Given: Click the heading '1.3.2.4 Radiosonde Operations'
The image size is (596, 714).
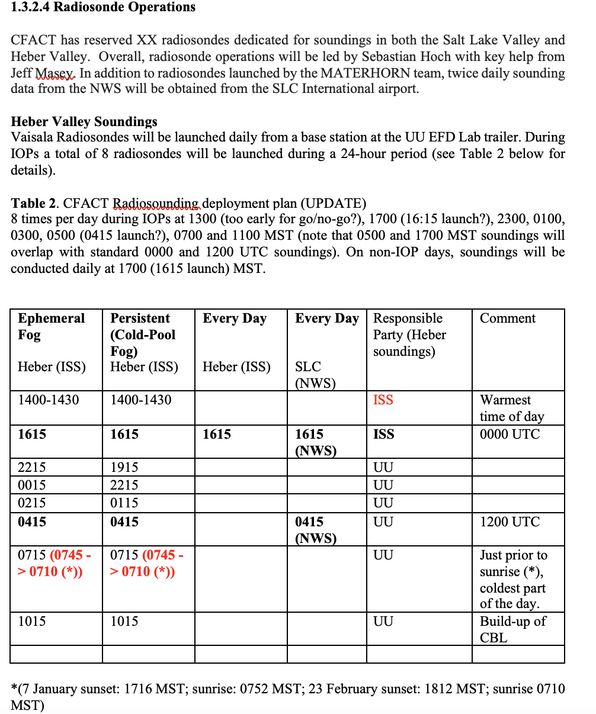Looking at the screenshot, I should [x=103, y=8].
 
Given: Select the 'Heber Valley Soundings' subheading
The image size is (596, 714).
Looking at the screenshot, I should [x=84, y=122].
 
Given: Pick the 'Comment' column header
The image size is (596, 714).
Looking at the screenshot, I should [x=507, y=319].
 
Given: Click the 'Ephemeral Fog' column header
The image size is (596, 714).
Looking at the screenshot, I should [x=52, y=326].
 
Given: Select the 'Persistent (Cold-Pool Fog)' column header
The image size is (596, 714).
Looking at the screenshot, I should [x=143, y=335].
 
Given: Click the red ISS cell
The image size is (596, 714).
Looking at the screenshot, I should [x=383, y=400].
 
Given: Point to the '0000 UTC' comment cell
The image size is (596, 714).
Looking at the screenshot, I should [x=510, y=434].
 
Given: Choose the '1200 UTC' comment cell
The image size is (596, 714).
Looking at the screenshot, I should [x=510, y=522].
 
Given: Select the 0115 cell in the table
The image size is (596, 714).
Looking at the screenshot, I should [x=124, y=503].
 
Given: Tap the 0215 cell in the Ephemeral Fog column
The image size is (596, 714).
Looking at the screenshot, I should [x=31, y=503].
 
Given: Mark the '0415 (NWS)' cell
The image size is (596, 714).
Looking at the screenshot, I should [x=315, y=530].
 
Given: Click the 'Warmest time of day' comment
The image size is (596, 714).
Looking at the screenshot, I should [x=511, y=408].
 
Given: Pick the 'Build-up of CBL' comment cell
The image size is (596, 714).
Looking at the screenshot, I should [x=512, y=629].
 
